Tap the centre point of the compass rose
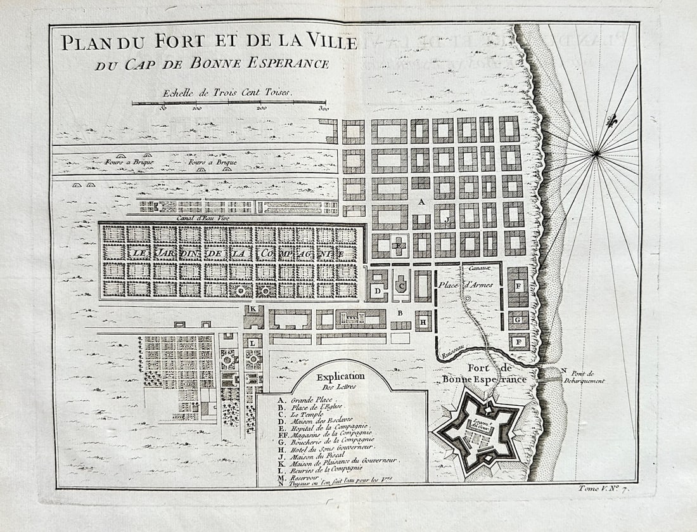[x=596, y=153]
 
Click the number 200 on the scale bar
[x=262, y=108]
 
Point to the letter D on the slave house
[x=378, y=290]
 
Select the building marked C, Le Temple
[x=401, y=286]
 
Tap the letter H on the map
[x=423, y=321]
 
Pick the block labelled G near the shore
[x=518, y=320]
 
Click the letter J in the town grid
[x=447, y=219]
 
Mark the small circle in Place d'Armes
[x=468, y=298]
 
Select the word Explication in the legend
[x=341, y=376]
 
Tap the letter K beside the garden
[x=253, y=309]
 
